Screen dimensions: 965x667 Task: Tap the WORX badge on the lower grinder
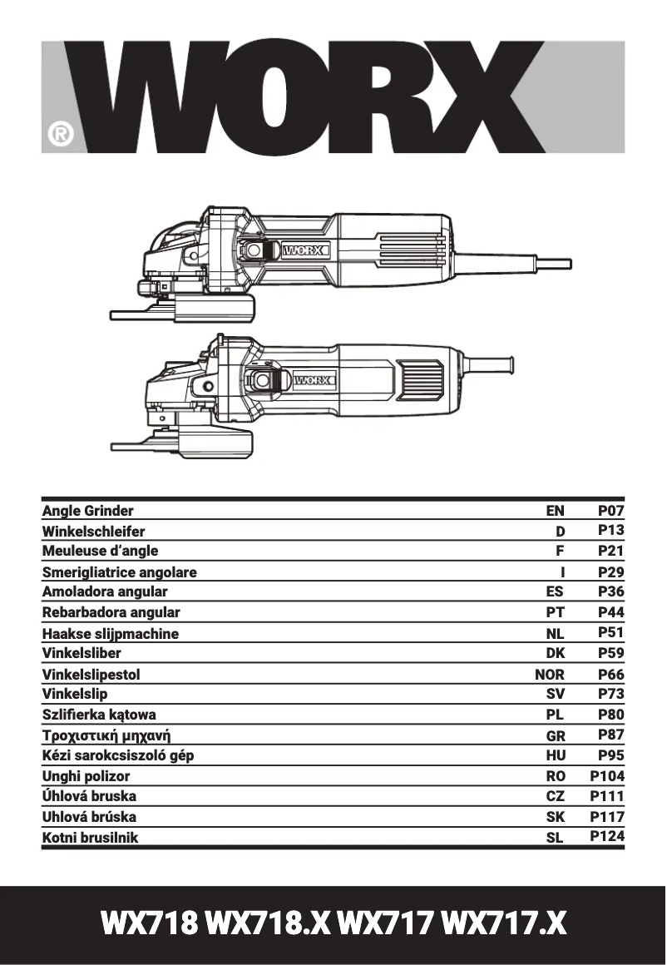313,381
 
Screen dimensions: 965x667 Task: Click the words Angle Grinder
87,511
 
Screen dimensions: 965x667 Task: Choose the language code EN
555,511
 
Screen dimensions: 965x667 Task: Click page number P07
610,511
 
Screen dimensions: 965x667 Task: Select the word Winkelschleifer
93,532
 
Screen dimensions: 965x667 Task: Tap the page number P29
610,572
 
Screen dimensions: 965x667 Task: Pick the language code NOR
549,675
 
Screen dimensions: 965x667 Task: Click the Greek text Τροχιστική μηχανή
111,735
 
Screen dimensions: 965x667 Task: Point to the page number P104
607,776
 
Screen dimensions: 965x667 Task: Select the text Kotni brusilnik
90,838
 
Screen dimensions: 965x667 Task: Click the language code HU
555,756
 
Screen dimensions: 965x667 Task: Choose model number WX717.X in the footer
504,923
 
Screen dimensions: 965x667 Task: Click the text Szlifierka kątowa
99,715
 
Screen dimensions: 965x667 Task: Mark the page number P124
607,837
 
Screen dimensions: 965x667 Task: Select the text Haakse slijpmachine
111,634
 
